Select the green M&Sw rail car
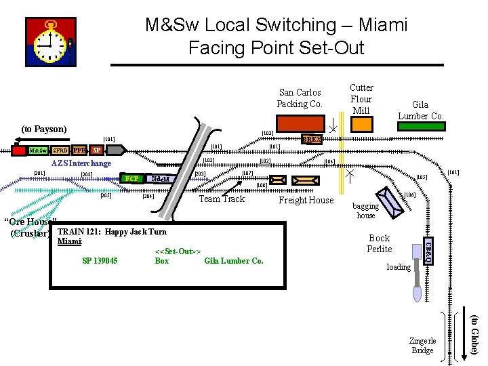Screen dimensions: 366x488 pyautogui.click(x=38, y=150)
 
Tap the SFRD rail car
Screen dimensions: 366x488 pyautogui.click(x=60, y=150)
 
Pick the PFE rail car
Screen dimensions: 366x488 pyautogui.click(x=79, y=150)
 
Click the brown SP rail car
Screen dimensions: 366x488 pyautogui.click(x=97, y=150)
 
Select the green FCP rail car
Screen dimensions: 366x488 pyautogui.click(x=133, y=179)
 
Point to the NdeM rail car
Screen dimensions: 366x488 pyautogui.click(x=161, y=179)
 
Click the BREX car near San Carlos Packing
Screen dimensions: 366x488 pyautogui.click(x=312, y=139)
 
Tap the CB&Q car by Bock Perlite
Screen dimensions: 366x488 pyautogui.click(x=428, y=249)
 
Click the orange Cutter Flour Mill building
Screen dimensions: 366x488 pyautogui.click(x=361, y=123)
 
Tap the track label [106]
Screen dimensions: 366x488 pyautogui.click(x=409, y=195)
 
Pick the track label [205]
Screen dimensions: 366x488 pyautogui.click(x=105, y=196)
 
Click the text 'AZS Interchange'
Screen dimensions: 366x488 pyautogui.click(x=81, y=163)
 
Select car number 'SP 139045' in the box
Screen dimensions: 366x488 pyautogui.click(x=99, y=261)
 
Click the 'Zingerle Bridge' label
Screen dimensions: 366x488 pyautogui.click(x=422, y=346)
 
